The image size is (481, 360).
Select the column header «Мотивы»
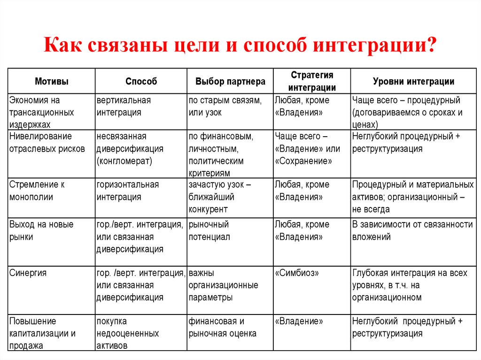(52, 81)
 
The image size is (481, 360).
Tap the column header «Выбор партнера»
(230, 81)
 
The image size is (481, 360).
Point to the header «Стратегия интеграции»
(312, 81)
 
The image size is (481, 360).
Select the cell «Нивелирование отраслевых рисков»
(47, 143)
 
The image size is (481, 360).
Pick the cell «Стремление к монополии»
(37, 191)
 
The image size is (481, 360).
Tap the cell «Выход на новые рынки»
(41, 230)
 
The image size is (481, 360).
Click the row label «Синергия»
(28, 273)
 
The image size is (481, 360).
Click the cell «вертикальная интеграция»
(124, 107)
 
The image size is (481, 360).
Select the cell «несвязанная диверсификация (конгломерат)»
(130, 149)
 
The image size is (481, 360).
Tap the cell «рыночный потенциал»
(209, 230)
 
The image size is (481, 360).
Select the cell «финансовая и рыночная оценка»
(223, 328)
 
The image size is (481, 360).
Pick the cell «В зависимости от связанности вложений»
(412, 230)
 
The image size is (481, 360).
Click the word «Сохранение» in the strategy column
(304, 161)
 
